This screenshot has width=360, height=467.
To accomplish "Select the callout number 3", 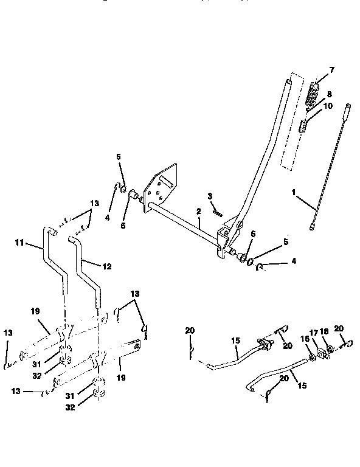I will pos(209,196).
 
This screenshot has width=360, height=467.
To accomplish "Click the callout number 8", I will pos(328,94).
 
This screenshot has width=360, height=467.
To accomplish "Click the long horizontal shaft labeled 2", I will pos(182,226).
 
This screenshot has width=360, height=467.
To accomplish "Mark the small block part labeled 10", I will pos(303,125).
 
